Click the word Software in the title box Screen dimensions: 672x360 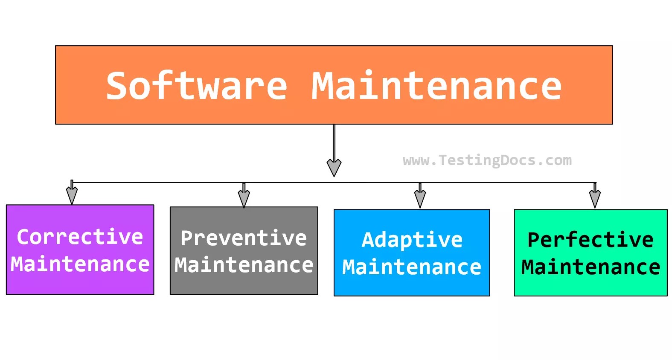tap(196, 86)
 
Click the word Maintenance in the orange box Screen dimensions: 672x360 tap(436, 86)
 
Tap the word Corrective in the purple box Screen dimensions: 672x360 tap(80, 237)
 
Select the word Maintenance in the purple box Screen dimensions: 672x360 tap(80, 264)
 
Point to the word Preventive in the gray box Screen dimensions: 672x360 tap(244, 238)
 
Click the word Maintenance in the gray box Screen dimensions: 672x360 tap(244, 265)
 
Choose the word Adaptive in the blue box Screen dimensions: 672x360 tap(412, 240)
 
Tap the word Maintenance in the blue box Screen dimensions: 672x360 tap(412, 267)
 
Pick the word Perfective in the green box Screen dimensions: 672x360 tap(591, 240)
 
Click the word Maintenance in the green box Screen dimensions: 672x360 tap(591, 267)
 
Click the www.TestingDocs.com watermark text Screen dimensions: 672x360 tap(487, 160)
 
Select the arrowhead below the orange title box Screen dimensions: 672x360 tap(334, 167)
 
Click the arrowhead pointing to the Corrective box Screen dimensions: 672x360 tap(72, 195)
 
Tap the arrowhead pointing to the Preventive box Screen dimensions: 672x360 tap(244, 198)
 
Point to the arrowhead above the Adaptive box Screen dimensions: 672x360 tap(420, 198)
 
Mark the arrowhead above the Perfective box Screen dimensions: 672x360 tap(595, 198)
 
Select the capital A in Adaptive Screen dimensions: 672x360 tap(368, 240)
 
